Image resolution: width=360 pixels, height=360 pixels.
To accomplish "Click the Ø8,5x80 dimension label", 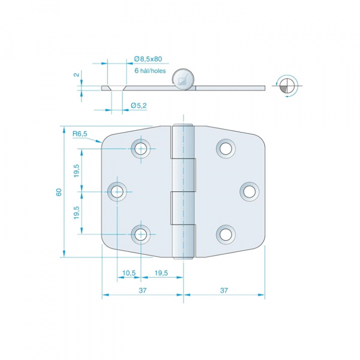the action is pyautogui.click(x=148, y=59).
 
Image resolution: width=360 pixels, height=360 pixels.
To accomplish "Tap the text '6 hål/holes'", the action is pyautogui.click(x=150, y=70).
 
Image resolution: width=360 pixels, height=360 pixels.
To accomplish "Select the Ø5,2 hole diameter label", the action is pyautogui.click(x=138, y=105).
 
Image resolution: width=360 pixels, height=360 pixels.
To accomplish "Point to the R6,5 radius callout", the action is pyautogui.click(x=80, y=133).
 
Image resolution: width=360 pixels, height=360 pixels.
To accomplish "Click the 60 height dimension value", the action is pyautogui.click(x=59, y=192).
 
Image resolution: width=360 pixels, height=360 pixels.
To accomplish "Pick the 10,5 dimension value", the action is pyautogui.click(x=129, y=273).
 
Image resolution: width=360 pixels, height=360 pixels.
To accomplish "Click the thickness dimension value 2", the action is pyautogui.click(x=76, y=74).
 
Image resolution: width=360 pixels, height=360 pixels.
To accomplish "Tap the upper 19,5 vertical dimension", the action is pyautogui.click(x=76, y=171).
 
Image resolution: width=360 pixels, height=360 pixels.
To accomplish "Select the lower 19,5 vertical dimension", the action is pyautogui.click(x=76, y=212).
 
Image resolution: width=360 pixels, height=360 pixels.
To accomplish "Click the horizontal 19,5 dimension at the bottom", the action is pyautogui.click(x=161, y=273).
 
